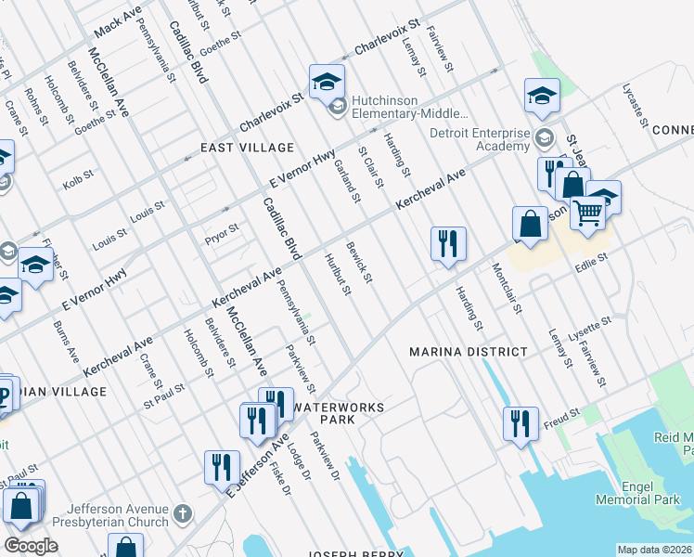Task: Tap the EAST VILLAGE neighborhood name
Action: pyautogui.click(x=248, y=148)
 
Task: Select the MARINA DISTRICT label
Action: pyautogui.click(x=469, y=352)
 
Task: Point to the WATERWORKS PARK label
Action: pyautogui.click(x=338, y=414)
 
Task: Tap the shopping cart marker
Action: pyautogui.click(x=588, y=214)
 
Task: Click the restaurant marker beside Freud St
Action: pyautogui.click(x=521, y=422)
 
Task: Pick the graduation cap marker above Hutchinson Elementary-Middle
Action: pyautogui.click(x=327, y=83)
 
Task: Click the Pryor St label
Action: pyautogui.click(x=222, y=228)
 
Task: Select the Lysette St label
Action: pyautogui.click(x=591, y=326)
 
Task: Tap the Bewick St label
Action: pyautogui.click(x=360, y=263)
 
